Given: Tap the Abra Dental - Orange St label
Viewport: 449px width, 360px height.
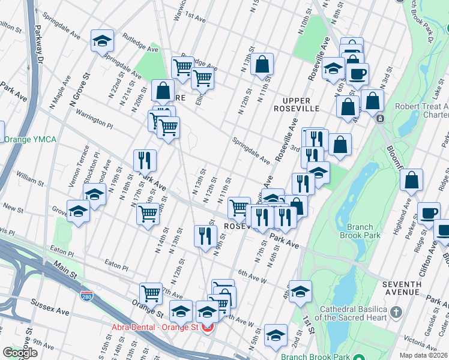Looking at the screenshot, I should pyautogui.click(x=155, y=328).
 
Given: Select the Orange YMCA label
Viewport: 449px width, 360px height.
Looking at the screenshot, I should pyautogui.click(x=29, y=140).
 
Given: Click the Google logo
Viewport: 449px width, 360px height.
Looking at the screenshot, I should pyautogui.click(x=20, y=353).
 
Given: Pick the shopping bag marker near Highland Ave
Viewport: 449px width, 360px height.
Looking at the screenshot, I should pyautogui.click(x=411, y=179).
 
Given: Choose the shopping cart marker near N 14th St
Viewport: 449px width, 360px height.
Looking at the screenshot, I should pyautogui.click(x=148, y=214).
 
